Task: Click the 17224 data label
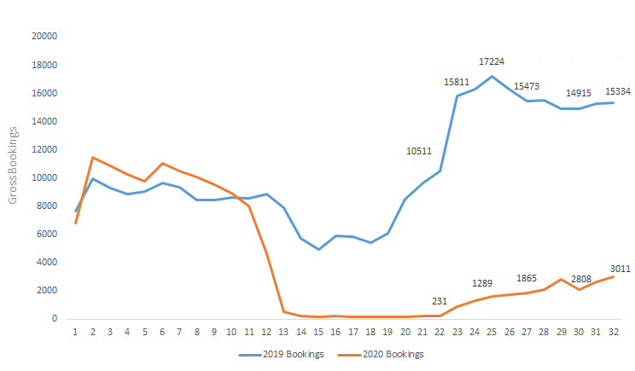(x=492, y=61)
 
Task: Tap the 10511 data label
(x=419, y=151)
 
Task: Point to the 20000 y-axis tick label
(x=43, y=37)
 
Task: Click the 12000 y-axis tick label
(x=43, y=149)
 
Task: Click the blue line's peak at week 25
(x=492, y=76)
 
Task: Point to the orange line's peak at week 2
(x=92, y=158)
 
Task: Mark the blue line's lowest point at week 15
(x=318, y=249)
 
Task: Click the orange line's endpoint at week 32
(x=614, y=276)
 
